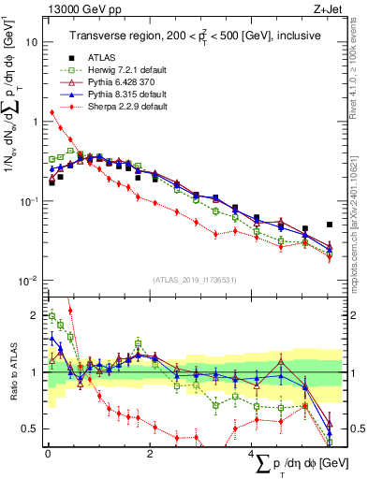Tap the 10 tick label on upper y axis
click(32, 43)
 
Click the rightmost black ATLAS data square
click(330, 225)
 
